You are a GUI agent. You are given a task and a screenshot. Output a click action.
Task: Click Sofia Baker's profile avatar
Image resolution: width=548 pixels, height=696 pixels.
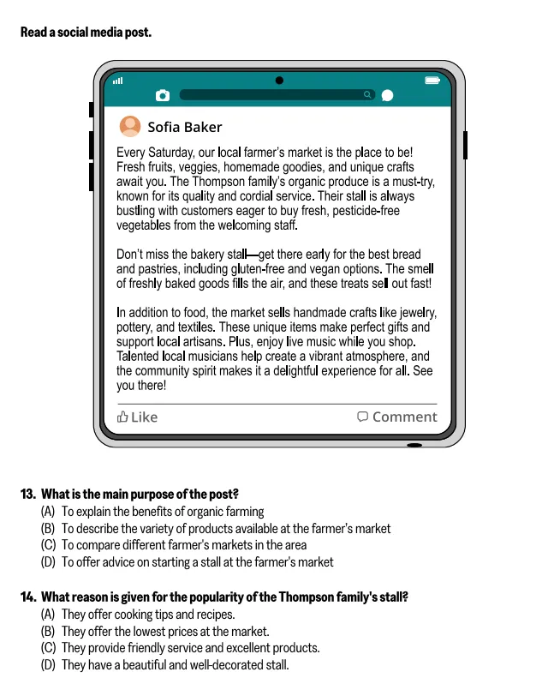(x=130, y=127)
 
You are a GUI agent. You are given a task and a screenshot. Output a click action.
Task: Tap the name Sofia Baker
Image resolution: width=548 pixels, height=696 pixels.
(x=184, y=128)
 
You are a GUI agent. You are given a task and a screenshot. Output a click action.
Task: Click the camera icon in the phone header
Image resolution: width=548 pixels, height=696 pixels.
(x=163, y=95)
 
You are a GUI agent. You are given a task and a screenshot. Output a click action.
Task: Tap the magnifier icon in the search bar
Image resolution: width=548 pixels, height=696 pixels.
(x=367, y=94)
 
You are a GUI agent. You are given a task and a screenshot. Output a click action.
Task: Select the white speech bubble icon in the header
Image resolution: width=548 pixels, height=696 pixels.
(x=387, y=95)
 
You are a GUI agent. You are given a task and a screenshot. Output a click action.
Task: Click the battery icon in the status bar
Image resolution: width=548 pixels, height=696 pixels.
(x=432, y=81)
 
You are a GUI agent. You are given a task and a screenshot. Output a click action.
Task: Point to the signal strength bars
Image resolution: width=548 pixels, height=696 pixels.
(x=117, y=81)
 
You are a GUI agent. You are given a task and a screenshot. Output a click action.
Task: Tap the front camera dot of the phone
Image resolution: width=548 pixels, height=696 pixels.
(x=279, y=81)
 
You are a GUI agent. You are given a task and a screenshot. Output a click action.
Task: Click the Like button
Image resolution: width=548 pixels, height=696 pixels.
(x=138, y=417)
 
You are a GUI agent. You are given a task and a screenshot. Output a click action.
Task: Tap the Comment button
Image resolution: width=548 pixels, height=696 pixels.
(x=396, y=417)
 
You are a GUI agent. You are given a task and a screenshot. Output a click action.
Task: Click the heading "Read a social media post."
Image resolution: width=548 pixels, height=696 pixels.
(x=86, y=33)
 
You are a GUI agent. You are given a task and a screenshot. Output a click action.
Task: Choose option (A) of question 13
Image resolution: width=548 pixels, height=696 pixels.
(x=152, y=512)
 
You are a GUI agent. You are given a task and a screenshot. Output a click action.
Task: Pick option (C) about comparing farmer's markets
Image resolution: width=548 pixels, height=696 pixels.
(x=174, y=545)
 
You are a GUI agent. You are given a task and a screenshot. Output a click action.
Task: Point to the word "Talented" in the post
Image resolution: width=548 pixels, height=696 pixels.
(x=139, y=357)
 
